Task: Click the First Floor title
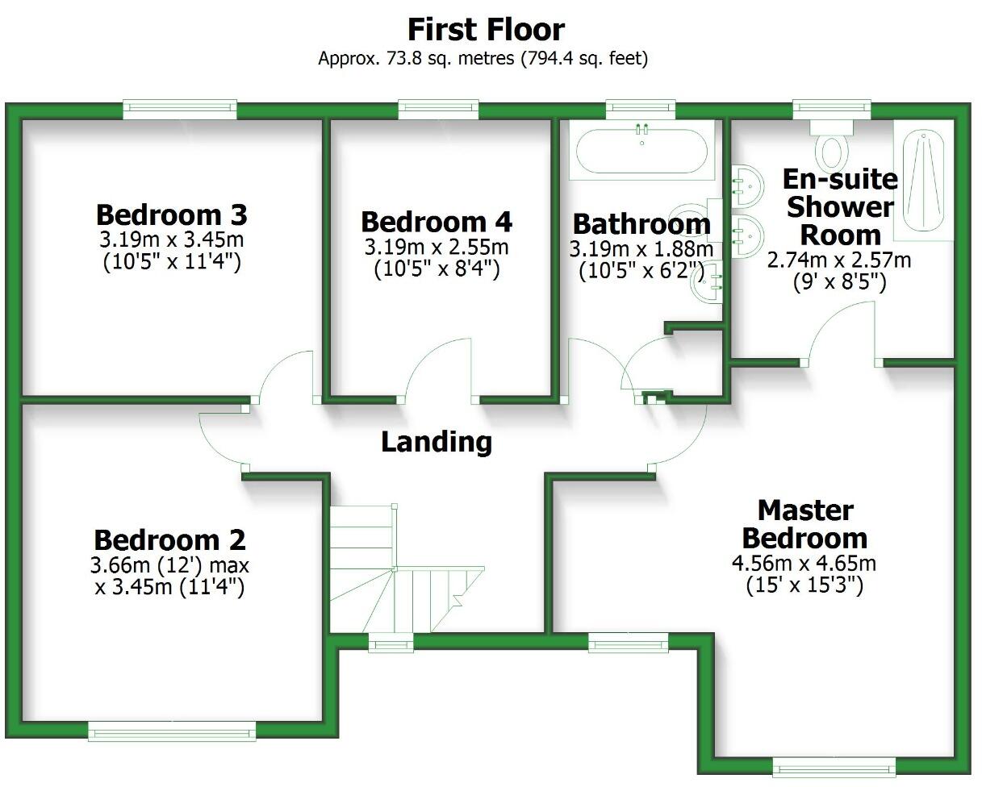486,31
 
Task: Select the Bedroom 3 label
171,215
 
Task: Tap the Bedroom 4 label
437,222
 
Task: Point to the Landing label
436,442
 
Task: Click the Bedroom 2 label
169,539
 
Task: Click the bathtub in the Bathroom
641,151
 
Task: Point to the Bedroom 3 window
180,108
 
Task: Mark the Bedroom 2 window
172,731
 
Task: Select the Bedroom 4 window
438,108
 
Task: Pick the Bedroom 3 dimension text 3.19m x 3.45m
171,239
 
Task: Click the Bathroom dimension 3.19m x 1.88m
641,248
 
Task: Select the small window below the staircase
391,643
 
